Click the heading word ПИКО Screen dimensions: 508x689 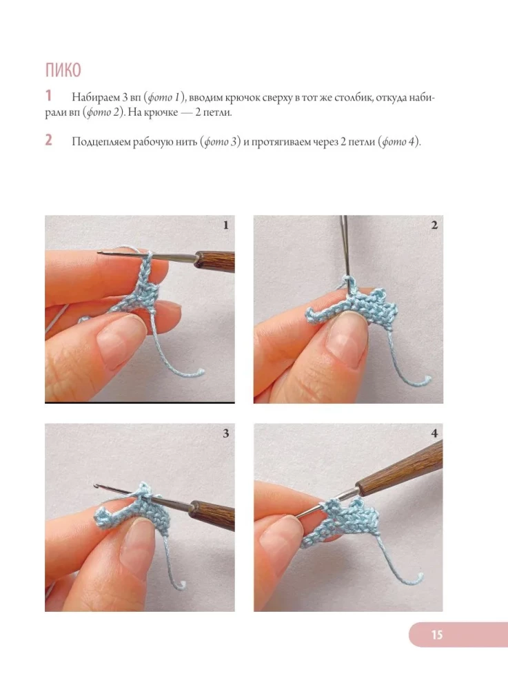[x=63, y=70]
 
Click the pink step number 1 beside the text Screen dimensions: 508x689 [x=48, y=96]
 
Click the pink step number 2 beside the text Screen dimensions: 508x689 [x=48, y=140]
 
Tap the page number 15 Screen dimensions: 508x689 [x=437, y=635]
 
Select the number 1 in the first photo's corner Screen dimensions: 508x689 [x=226, y=225]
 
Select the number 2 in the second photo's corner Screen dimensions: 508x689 [x=434, y=225]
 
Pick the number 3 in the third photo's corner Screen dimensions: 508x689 [x=226, y=433]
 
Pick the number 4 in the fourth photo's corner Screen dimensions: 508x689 [x=434, y=433]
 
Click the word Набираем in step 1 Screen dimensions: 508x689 [x=96, y=98]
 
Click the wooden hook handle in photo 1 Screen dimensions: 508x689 [x=214, y=260]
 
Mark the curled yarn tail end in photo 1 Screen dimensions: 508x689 [x=200, y=373]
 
